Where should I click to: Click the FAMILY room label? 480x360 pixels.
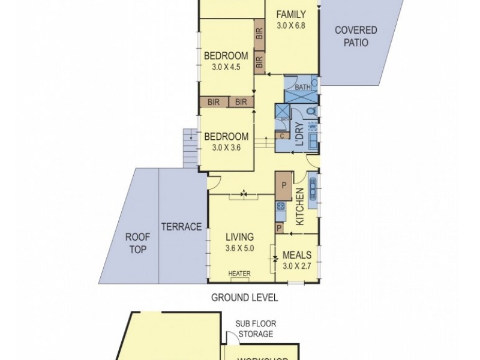[292, 15]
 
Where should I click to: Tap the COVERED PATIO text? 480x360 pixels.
[356, 37]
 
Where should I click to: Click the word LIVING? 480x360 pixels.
[239, 236]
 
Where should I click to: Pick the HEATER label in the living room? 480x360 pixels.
[239, 274]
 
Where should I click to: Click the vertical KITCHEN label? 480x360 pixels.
[300, 206]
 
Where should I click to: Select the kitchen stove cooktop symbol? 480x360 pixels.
[280, 208]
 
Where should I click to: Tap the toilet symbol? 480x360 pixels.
[309, 111]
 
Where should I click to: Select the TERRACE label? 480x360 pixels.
[181, 226]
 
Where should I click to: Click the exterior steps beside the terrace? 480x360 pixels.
[189, 148]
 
